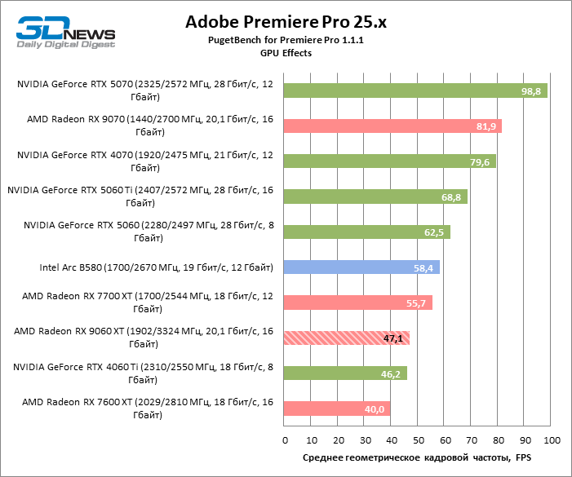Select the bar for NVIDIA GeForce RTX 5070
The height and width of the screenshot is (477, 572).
(x=415, y=91)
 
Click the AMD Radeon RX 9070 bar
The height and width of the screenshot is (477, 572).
(x=392, y=126)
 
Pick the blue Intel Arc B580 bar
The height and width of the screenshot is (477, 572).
(x=361, y=267)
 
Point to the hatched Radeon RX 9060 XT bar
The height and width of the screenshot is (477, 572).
(x=347, y=338)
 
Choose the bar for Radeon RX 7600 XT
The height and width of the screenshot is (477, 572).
(x=337, y=409)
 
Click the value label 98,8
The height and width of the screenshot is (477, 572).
(x=531, y=91)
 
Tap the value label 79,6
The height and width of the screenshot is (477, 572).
(x=480, y=161)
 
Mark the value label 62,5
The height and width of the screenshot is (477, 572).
(x=434, y=232)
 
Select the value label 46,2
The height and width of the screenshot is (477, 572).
(x=391, y=373)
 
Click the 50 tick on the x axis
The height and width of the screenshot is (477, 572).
(x=418, y=440)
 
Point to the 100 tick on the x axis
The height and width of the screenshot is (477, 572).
(x=551, y=440)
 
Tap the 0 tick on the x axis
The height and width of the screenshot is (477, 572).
(x=285, y=440)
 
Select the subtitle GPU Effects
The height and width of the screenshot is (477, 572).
(x=286, y=53)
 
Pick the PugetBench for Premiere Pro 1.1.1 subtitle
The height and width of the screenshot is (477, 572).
(x=286, y=40)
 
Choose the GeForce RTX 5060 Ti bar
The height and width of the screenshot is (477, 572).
(x=375, y=197)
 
